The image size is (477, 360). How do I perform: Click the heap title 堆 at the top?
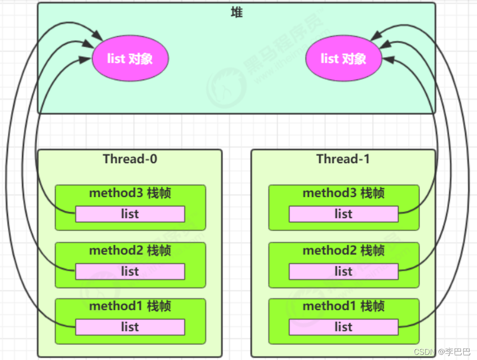click(x=237, y=13)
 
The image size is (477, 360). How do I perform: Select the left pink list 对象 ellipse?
click(x=130, y=59)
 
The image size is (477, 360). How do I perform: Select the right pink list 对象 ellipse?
click(x=343, y=59)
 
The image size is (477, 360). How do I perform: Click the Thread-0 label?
click(x=130, y=159)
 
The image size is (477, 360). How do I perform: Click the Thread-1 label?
click(x=343, y=159)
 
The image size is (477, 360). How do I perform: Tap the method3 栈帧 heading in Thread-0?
click(x=130, y=193)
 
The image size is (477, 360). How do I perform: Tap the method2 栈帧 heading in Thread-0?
click(x=130, y=251)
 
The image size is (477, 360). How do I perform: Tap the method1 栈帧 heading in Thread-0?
click(x=130, y=306)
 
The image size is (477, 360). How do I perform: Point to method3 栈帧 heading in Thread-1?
click(x=343, y=193)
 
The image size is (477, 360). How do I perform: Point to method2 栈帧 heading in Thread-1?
click(x=343, y=251)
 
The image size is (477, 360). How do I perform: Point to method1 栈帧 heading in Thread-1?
click(x=343, y=306)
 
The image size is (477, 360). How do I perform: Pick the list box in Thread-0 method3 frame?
click(x=130, y=214)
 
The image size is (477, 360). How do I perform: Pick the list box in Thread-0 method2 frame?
click(x=130, y=272)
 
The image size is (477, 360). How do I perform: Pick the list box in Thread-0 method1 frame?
click(x=130, y=327)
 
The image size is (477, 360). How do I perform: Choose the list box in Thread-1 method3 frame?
click(x=343, y=214)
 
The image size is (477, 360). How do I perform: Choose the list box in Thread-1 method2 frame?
click(x=343, y=272)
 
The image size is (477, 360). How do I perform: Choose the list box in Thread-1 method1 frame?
click(x=343, y=327)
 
